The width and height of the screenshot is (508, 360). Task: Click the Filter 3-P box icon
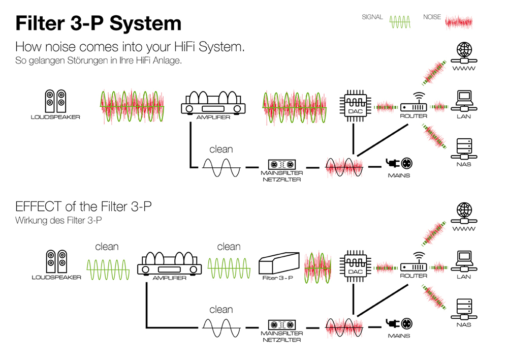278,263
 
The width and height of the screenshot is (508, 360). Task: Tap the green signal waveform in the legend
400,22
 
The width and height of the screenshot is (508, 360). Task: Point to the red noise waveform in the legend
458,22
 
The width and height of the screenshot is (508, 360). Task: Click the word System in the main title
145,23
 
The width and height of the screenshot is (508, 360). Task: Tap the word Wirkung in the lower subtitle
30,221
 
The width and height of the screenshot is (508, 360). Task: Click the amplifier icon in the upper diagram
213,103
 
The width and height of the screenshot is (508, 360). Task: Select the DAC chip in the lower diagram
356,266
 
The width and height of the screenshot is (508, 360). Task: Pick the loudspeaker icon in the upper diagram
55,101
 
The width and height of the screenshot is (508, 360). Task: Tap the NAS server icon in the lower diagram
464,309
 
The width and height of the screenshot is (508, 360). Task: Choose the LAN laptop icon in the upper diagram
464,101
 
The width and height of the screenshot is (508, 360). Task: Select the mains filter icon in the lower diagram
282,324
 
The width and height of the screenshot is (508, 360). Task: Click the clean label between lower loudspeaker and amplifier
107,247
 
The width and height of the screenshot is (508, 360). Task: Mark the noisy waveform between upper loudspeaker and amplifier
132,106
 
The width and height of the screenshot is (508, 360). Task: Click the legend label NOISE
432,17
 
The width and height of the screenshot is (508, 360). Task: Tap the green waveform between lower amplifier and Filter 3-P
229,268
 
